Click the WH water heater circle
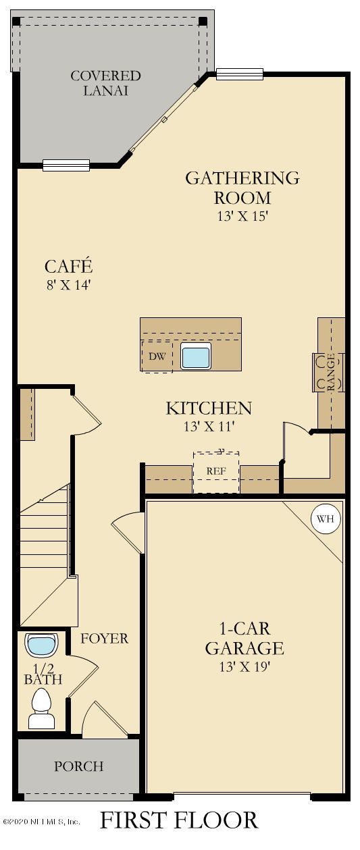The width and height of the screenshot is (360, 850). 326,519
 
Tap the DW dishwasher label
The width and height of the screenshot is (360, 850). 157,356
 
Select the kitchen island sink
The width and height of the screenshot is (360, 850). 196,355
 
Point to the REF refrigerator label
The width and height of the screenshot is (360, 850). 216,471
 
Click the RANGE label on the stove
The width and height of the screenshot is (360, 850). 331,372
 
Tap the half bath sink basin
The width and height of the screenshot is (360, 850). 42,645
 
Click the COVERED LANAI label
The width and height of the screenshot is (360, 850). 105,83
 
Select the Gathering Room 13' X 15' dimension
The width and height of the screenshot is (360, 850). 243,216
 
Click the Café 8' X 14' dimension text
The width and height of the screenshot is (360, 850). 68,285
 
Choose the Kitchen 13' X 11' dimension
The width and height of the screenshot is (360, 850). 209,427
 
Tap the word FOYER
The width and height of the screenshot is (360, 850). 105,638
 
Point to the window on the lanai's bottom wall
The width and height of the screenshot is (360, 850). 66,165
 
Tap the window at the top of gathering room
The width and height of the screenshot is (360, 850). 240,74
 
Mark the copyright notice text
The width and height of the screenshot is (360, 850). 41,822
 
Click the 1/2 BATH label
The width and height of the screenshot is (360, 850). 43,674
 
